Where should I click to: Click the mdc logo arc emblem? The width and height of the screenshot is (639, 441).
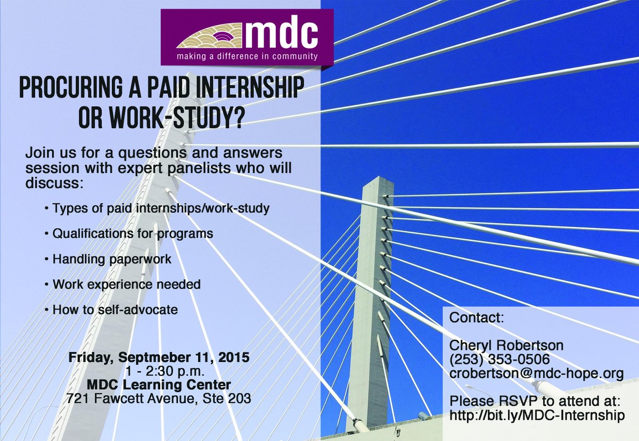pos(209,37)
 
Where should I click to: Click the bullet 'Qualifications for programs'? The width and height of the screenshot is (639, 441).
pos(133,233)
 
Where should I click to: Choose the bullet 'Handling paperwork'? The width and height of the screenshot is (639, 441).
pos(112,259)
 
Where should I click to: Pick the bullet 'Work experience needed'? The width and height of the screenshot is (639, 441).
pos(126,284)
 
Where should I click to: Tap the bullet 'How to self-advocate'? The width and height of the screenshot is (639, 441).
pos(115,309)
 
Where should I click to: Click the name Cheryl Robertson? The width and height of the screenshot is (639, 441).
pos(506,346)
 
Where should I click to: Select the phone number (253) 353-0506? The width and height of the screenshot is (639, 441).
pos(499,360)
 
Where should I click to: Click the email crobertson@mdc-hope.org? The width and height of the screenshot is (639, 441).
pos(536,373)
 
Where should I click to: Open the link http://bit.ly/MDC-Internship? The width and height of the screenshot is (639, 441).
pos(536,415)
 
